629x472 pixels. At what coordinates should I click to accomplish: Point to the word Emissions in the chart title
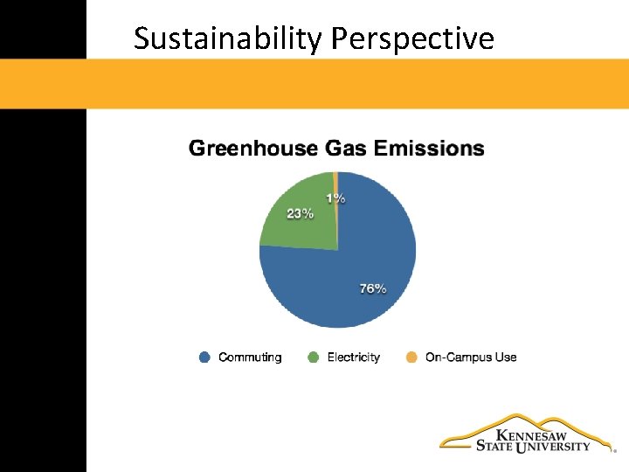click(x=429, y=149)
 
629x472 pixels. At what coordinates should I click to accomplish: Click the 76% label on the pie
click(x=373, y=288)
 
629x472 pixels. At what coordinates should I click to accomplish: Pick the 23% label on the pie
click(x=300, y=213)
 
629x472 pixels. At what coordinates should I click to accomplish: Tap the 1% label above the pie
click(x=335, y=198)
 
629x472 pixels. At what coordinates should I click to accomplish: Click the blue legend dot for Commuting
click(x=205, y=357)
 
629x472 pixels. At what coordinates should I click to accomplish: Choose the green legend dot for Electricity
click(x=314, y=357)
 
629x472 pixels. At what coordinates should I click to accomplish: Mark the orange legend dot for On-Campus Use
click(x=412, y=357)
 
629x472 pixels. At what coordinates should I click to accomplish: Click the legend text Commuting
click(x=250, y=357)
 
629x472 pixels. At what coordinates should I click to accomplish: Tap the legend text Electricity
click(x=354, y=357)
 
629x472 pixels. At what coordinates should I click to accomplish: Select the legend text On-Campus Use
click(x=471, y=357)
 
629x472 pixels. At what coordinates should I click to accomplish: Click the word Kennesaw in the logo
click(x=531, y=434)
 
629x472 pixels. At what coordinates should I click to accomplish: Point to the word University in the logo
click(x=553, y=447)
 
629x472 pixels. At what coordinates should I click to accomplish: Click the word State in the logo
click(x=494, y=447)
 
